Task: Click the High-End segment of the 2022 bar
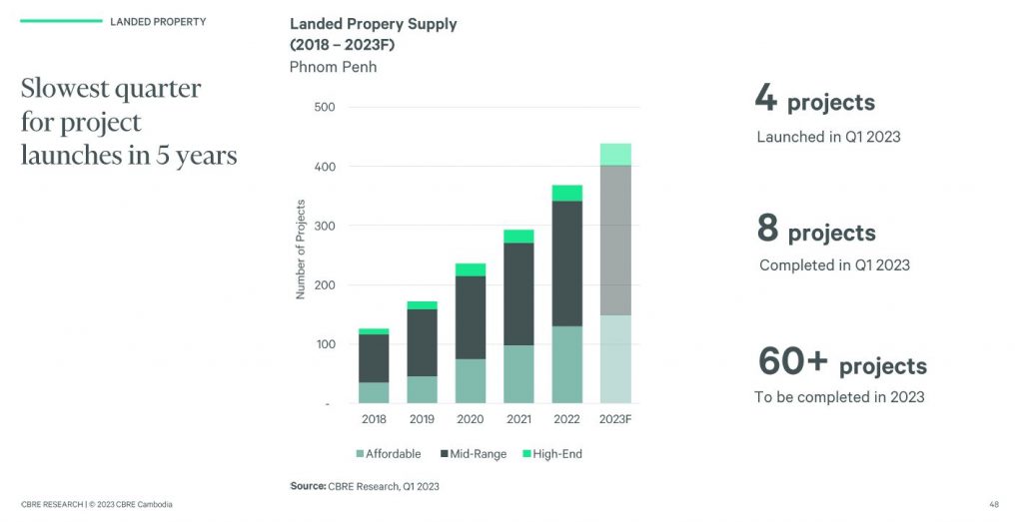(566, 193)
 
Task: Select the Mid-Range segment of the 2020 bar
(471, 316)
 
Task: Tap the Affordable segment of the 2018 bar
(374, 392)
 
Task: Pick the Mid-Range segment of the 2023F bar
(615, 240)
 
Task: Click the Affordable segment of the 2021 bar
(518, 373)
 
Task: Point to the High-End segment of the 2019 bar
(423, 305)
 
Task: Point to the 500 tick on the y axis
(325, 107)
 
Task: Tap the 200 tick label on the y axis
(325, 285)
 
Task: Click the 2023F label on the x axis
(615, 420)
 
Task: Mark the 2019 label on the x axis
(423, 420)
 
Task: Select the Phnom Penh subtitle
(333, 67)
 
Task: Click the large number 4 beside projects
(766, 99)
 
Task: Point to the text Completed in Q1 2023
(834, 265)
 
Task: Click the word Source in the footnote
(308, 486)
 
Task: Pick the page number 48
(994, 504)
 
